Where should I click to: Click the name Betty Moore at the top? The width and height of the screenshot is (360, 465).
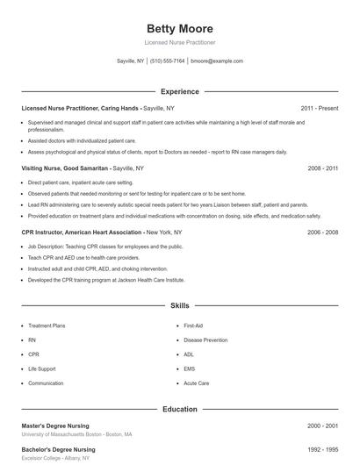[x=179, y=28]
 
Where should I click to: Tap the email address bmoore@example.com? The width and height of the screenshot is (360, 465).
[x=216, y=61]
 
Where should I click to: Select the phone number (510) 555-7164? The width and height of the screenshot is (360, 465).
[x=167, y=61]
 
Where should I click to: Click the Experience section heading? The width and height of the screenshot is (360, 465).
[x=179, y=91]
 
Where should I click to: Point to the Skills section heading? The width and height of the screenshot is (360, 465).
[x=179, y=305]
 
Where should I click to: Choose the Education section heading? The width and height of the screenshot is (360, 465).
[x=179, y=409]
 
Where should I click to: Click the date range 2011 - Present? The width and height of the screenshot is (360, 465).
[x=319, y=108]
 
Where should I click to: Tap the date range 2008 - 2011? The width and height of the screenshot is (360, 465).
[x=322, y=168]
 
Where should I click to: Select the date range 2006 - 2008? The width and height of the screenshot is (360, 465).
[x=322, y=232]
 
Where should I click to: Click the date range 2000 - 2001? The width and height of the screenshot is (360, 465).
[x=322, y=426]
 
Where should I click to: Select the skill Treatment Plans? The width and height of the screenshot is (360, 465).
[x=47, y=325]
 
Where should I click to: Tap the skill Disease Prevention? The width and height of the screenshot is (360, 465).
[x=205, y=340]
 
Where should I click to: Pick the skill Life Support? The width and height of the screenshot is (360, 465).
[x=41, y=368]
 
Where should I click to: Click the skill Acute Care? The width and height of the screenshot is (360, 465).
[x=196, y=383]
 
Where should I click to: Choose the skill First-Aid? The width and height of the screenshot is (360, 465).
[x=193, y=325]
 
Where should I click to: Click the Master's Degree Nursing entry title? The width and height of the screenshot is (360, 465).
[x=58, y=426]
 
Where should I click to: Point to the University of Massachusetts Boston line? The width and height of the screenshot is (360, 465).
[x=77, y=434]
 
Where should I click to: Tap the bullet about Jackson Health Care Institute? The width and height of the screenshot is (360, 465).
[x=106, y=280]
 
